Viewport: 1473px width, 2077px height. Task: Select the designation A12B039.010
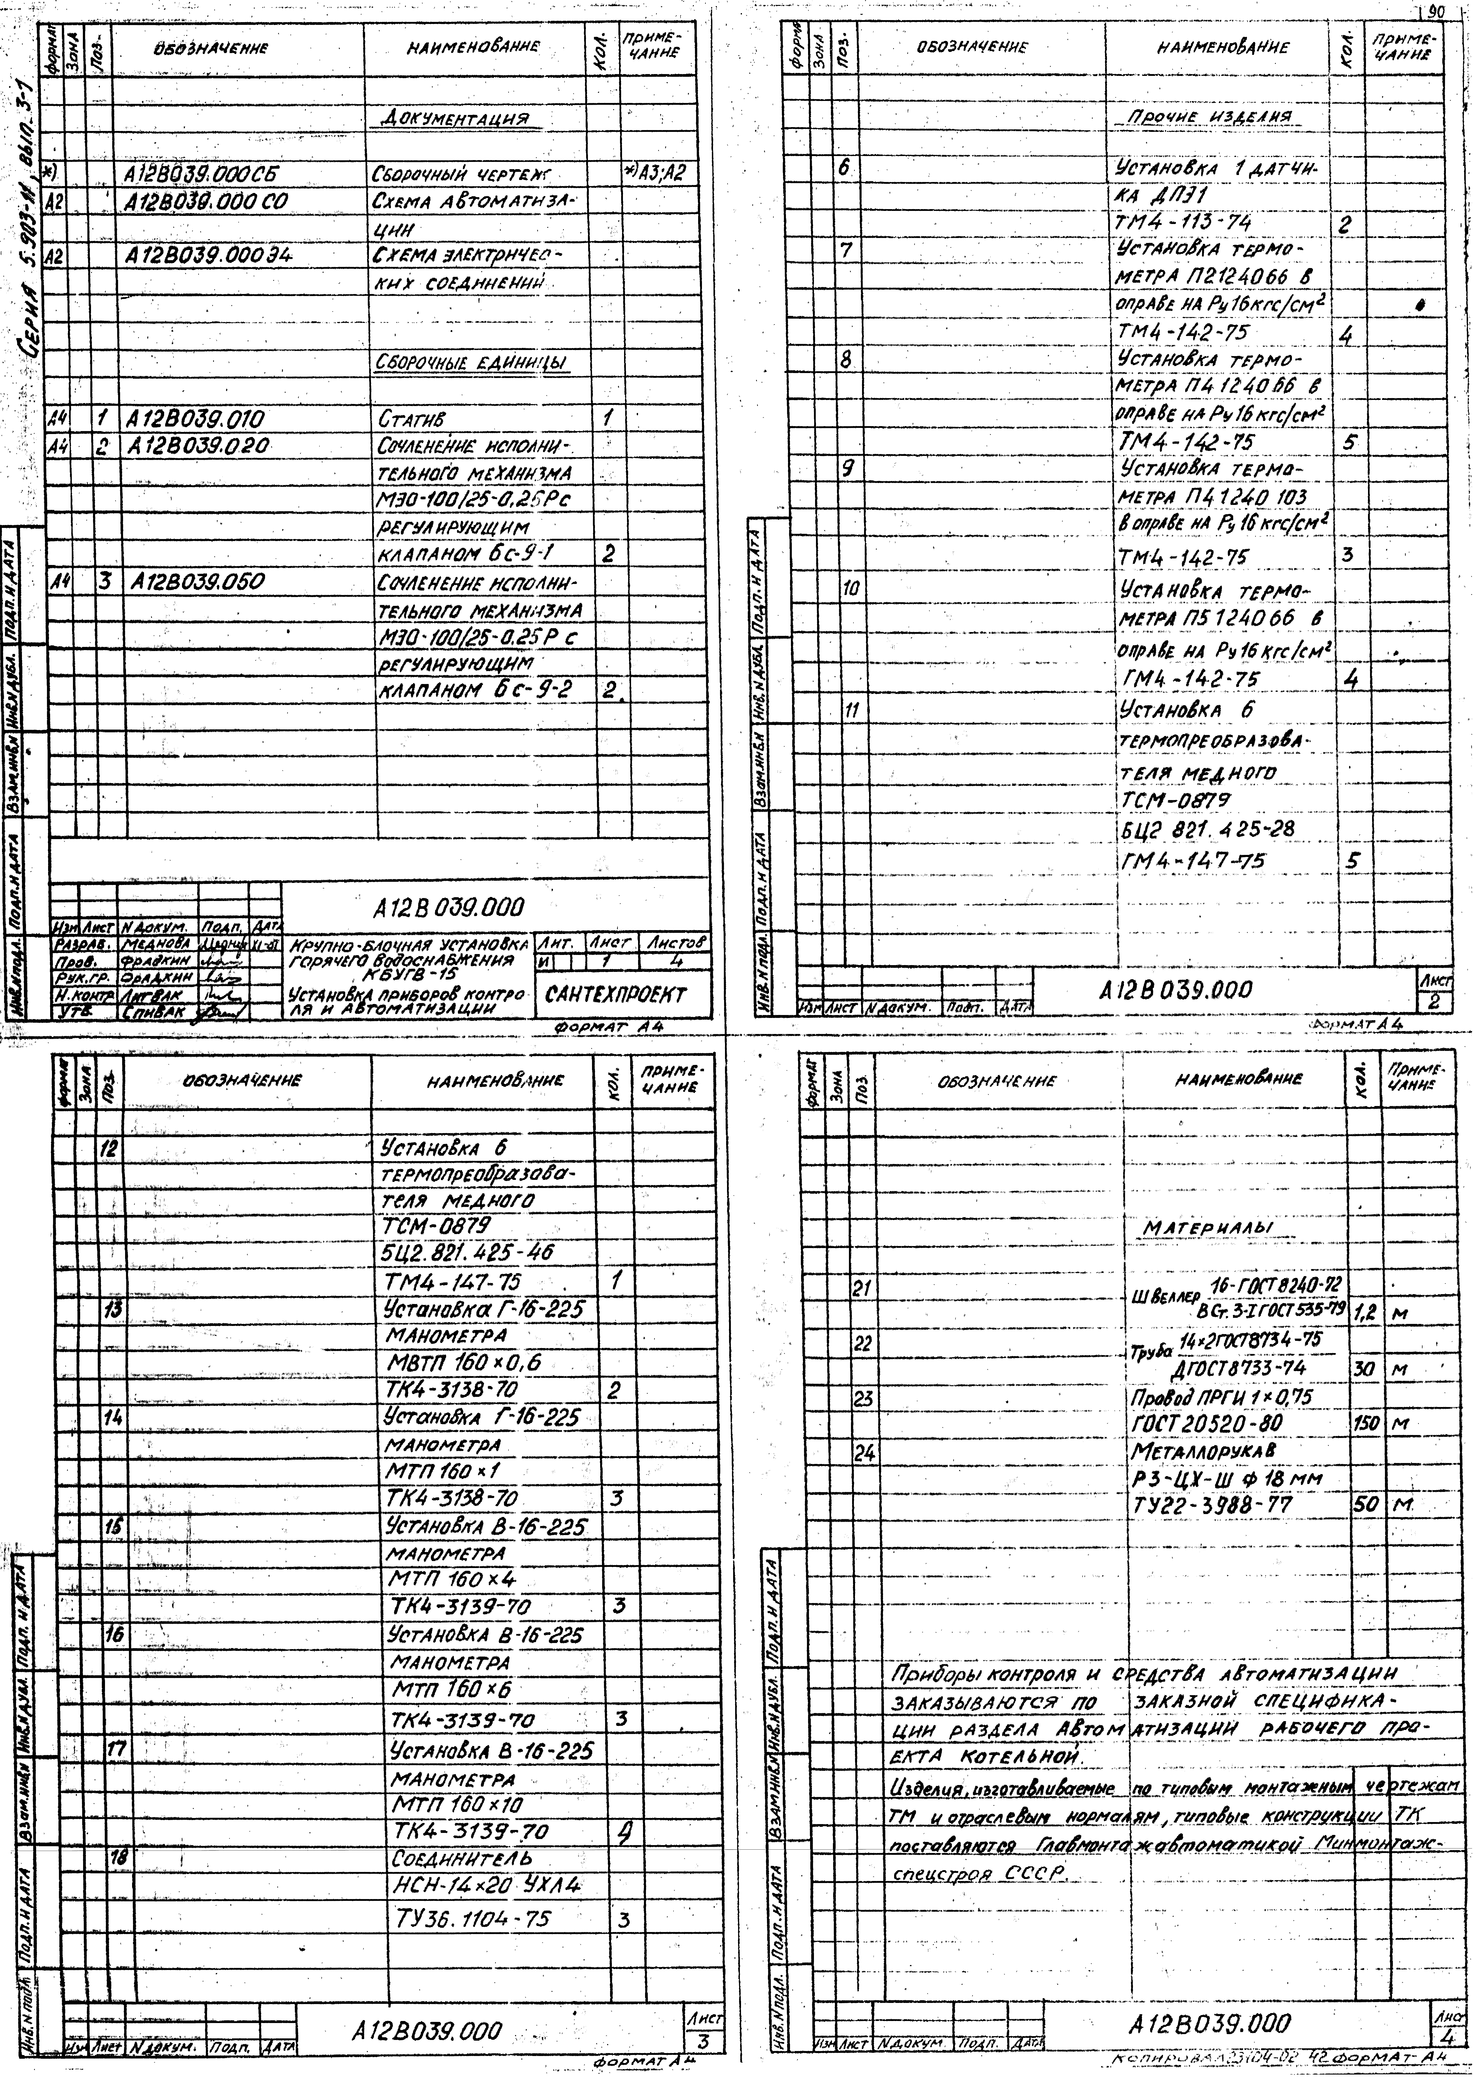tap(196, 419)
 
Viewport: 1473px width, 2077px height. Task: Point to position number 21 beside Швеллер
tap(862, 1288)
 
